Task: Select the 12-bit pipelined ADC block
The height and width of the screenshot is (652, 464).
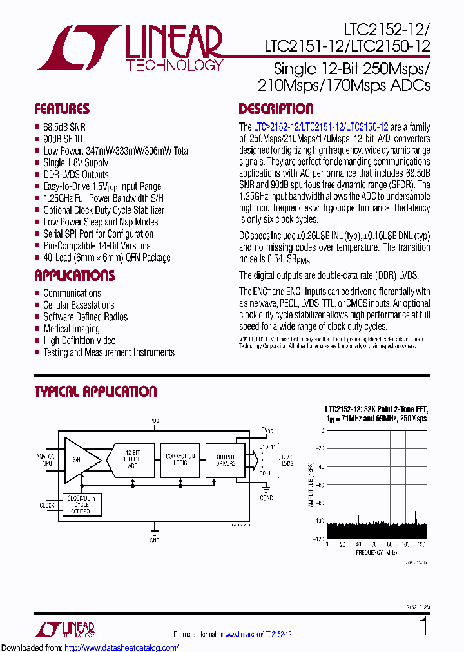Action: point(132,459)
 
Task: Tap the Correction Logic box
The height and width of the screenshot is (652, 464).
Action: point(180,459)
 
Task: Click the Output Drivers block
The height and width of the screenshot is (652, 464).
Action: point(225,459)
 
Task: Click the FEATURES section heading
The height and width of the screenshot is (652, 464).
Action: point(62,109)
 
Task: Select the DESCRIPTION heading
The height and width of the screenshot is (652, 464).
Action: point(276,109)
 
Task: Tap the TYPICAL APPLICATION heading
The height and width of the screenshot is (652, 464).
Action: point(95,392)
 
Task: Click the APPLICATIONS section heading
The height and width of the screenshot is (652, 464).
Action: point(74,276)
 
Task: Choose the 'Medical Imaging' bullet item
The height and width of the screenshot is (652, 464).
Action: point(72,329)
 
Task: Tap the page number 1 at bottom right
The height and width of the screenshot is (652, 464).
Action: point(423,626)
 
